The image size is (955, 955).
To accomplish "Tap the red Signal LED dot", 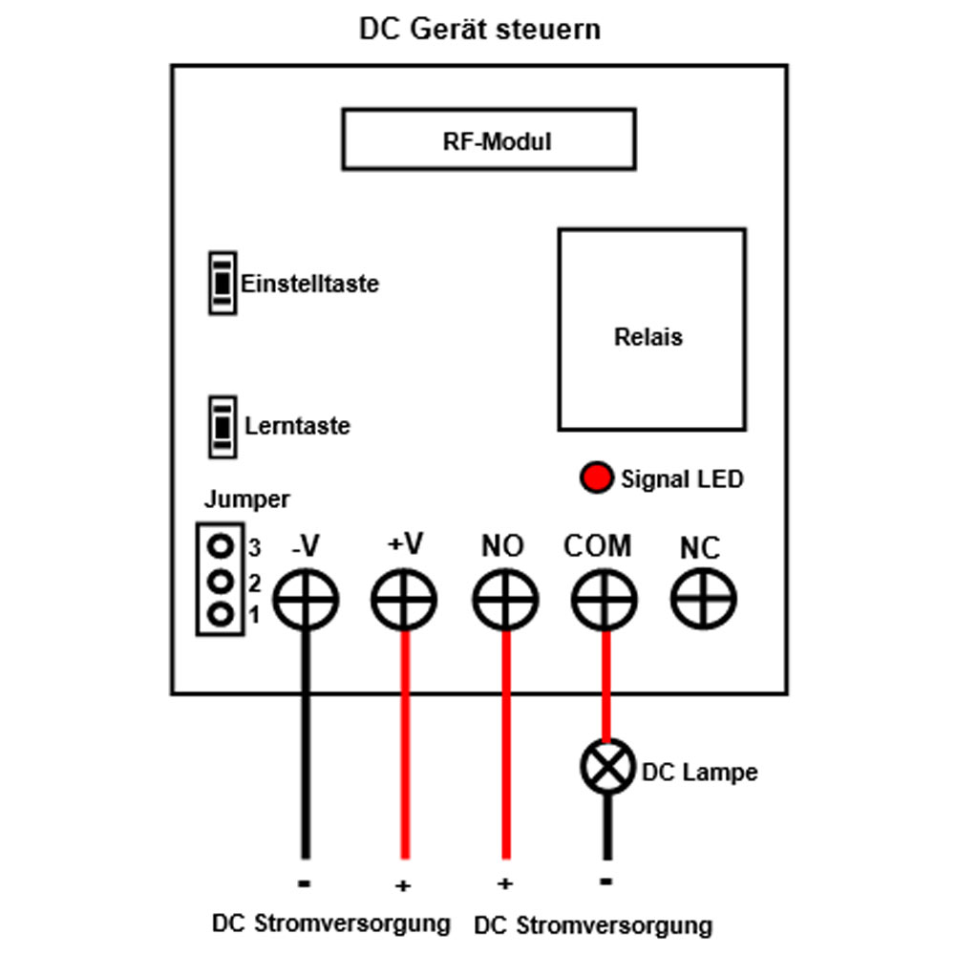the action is pyautogui.click(x=596, y=477).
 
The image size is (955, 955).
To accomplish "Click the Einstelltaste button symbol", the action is pyautogui.click(x=223, y=283).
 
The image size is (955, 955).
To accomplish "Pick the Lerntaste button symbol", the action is pyautogui.click(x=223, y=426).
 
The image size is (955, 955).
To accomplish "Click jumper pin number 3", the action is pyautogui.click(x=221, y=545).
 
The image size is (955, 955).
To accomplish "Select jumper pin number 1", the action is pyautogui.click(x=221, y=613).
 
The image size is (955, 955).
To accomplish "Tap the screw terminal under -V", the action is pyautogui.click(x=306, y=600).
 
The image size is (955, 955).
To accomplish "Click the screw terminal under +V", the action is pyautogui.click(x=404, y=600).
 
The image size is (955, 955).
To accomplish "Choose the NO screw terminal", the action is pyautogui.click(x=505, y=600).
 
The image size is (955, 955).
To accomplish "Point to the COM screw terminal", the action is pyautogui.click(x=605, y=600).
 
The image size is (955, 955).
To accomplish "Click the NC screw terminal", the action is pyautogui.click(x=704, y=600).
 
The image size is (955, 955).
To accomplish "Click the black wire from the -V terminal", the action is pyautogui.click(x=306, y=745).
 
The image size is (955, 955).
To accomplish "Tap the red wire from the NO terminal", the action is pyautogui.click(x=505, y=745).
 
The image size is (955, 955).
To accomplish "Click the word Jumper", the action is pyautogui.click(x=246, y=499).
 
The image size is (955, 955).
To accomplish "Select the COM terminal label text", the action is pyautogui.click(x=598, y=545).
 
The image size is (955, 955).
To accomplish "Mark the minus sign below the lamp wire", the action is pyautogui.click(x=606, y=881).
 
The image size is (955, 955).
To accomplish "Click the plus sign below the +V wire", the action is pyautogui.click(x=403, y=885).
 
